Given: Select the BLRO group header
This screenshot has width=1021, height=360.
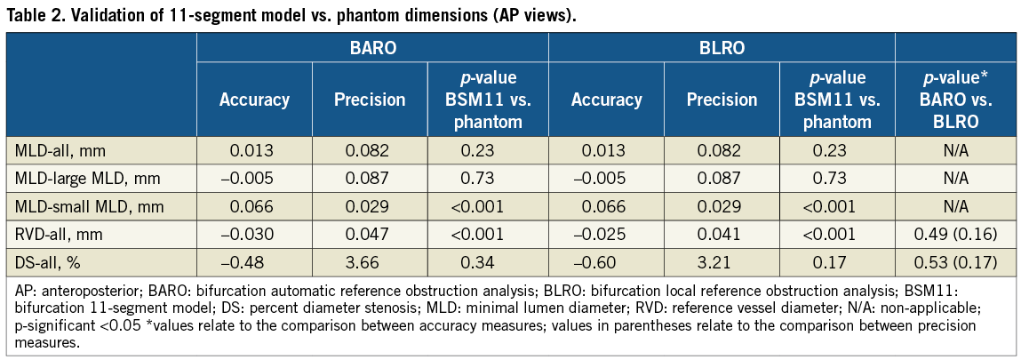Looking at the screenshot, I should click(722, 49).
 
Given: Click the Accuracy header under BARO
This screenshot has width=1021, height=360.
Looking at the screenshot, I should click(254, 100).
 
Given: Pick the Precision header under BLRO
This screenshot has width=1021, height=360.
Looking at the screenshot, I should click(722, 100).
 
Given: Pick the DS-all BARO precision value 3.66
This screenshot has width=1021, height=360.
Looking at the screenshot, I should click(370, 262).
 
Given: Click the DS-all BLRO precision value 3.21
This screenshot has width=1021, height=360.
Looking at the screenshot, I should click(722, 262).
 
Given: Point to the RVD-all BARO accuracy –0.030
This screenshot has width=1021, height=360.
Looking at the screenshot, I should click(254, 235).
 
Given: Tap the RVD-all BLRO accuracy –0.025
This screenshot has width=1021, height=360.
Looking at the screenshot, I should click(606, 235).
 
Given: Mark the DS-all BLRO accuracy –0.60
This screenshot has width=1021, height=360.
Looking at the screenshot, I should click(606, 262).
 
